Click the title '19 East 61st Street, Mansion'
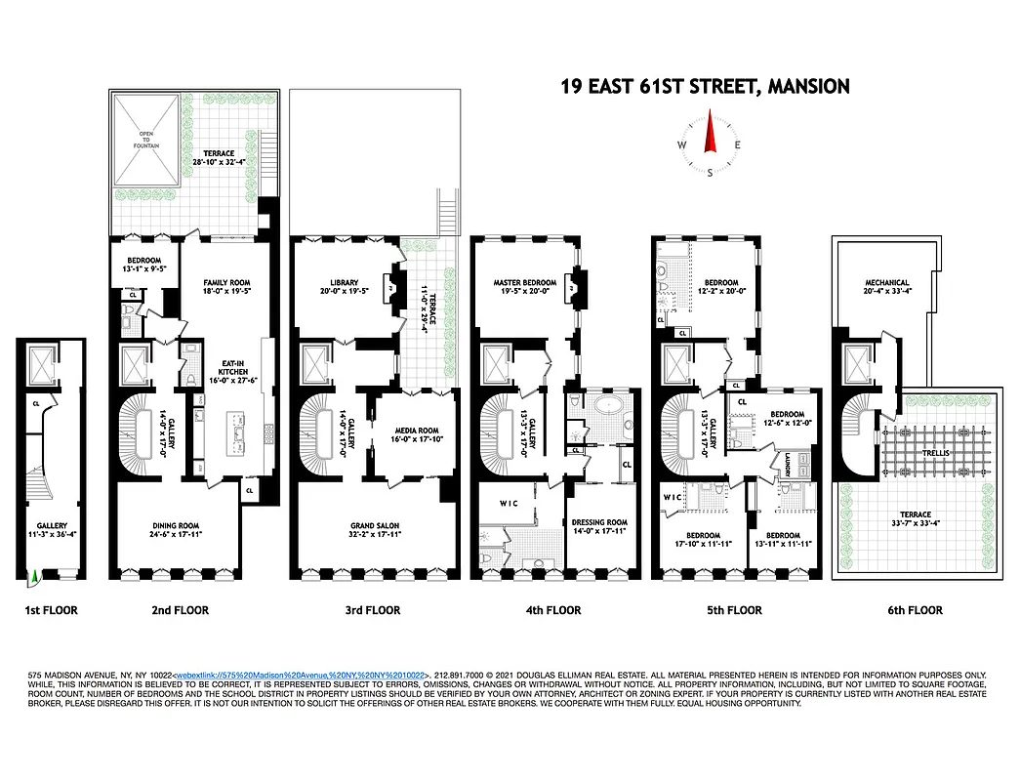(705, 87)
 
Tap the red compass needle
(711, 136)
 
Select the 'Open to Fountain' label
(145, 142)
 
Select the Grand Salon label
(376, 527)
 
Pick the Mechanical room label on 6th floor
(886, 284)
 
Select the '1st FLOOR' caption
(51, 611)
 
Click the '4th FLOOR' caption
(554, 611)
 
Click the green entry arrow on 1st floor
(35, 578)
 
